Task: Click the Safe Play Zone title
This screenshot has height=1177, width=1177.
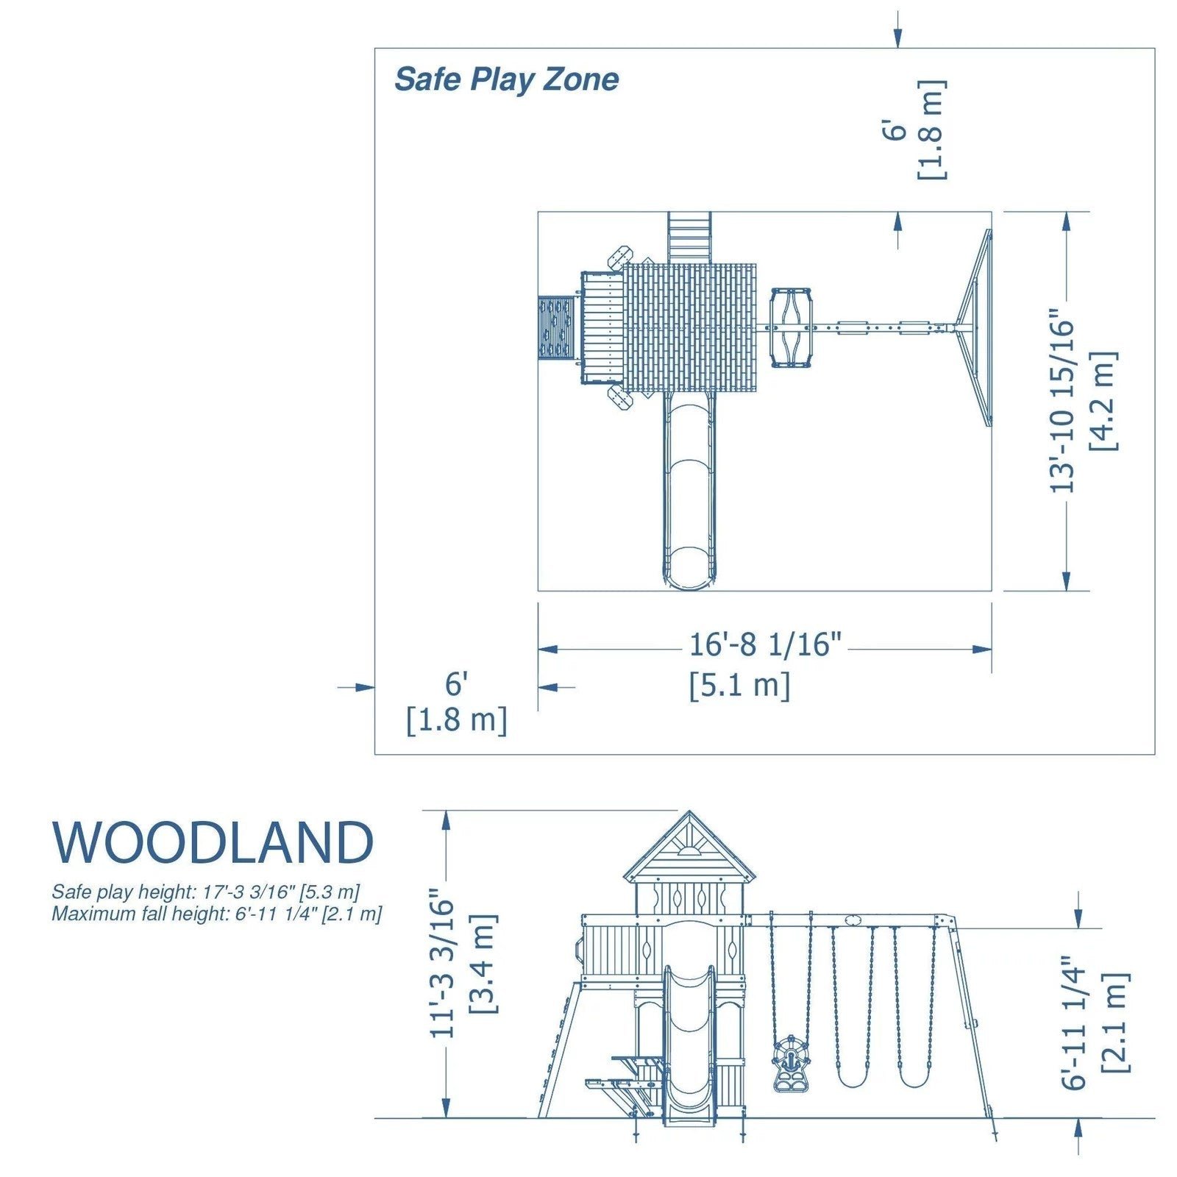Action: pos(506,79)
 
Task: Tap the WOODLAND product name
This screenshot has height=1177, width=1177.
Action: pos(213,842)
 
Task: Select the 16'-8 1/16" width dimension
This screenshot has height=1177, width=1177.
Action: pos(764,645)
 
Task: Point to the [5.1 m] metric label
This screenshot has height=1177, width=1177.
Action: pos(739,686)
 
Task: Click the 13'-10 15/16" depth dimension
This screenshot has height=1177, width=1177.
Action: pos(1062,405)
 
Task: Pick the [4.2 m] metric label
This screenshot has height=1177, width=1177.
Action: pos(1104,401)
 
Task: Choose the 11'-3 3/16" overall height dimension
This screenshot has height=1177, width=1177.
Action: pos(443,964)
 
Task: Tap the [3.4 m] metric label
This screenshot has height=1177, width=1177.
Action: pos(483,964)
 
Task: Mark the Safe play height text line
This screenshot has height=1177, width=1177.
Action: pos(205,892)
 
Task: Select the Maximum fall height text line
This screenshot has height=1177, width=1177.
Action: pos(216,914)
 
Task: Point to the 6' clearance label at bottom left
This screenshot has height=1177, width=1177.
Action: pos(456,684)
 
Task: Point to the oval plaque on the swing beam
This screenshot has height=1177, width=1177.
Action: pos(853,920)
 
